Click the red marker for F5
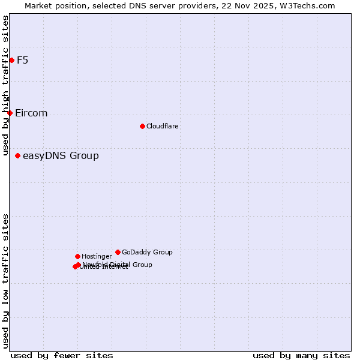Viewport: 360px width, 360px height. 11,60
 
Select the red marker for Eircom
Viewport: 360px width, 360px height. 10,113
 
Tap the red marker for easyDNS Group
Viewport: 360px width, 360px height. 17,155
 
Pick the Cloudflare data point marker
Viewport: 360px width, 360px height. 142,126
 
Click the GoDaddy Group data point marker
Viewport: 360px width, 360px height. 118,252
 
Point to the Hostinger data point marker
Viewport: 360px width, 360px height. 77,256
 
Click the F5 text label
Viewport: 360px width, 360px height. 22,60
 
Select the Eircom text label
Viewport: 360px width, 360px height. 31,113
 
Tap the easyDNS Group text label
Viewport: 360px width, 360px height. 61,156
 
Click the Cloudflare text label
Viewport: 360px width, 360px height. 162,126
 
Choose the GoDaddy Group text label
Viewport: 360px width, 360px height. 147,252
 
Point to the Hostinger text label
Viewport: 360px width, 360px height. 97,256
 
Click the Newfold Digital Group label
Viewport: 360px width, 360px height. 117,264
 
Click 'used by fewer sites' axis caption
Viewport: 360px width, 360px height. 62,355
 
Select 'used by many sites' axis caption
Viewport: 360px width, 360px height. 301,355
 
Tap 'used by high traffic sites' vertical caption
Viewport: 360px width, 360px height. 5,86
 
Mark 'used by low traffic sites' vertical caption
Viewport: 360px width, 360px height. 5,281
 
